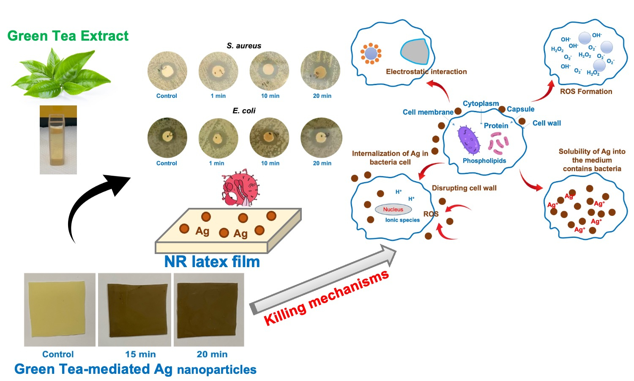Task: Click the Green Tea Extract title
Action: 68,36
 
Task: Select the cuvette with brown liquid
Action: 58,140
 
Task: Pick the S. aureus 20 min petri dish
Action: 320,71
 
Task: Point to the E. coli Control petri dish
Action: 167,138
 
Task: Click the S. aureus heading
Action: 244,46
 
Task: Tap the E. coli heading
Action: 244,111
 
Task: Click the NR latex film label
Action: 212,262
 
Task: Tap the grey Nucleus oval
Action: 393,209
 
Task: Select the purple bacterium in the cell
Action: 468,140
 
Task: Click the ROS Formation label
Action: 586,91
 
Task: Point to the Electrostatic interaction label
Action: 426,72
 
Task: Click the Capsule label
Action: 520,109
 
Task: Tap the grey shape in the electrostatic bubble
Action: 415,52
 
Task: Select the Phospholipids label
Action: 484,161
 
